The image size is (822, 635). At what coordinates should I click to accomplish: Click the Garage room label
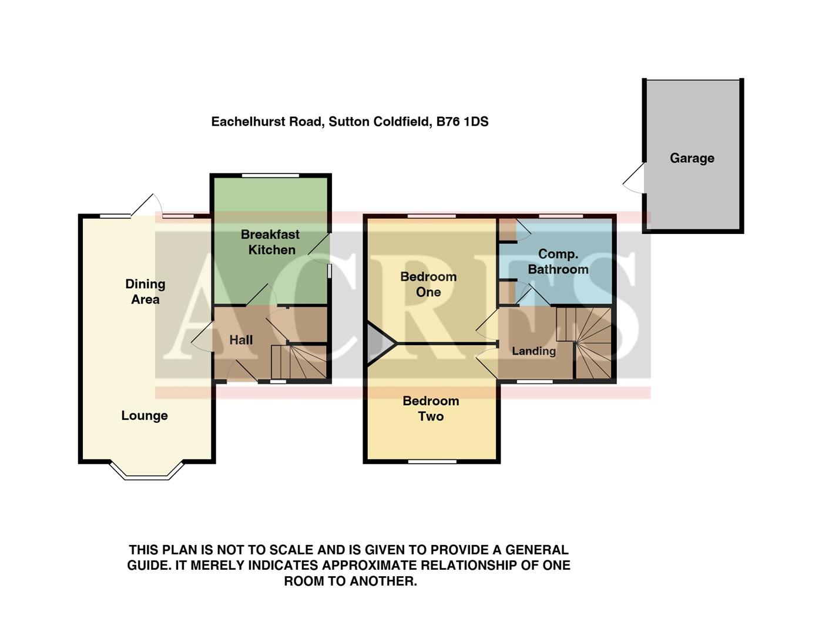pos(692,158)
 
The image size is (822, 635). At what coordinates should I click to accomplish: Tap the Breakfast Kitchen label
pos(270,242)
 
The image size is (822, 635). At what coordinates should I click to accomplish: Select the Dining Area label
pos(145,292)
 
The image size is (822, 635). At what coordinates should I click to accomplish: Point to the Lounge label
pos(145,416)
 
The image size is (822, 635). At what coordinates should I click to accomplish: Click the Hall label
pos(241,340)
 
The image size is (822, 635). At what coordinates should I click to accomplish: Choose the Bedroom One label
pos(428,284)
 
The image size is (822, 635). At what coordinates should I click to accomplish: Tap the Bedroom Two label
pos(431,409)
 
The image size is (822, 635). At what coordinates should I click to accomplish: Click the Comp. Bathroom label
pos(558,262)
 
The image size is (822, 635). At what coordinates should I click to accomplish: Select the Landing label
pos(534,351)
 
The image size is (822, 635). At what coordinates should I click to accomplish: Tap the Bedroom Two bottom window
pos(432,462)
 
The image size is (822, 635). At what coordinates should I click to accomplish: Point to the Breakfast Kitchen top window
pos(270,175)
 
